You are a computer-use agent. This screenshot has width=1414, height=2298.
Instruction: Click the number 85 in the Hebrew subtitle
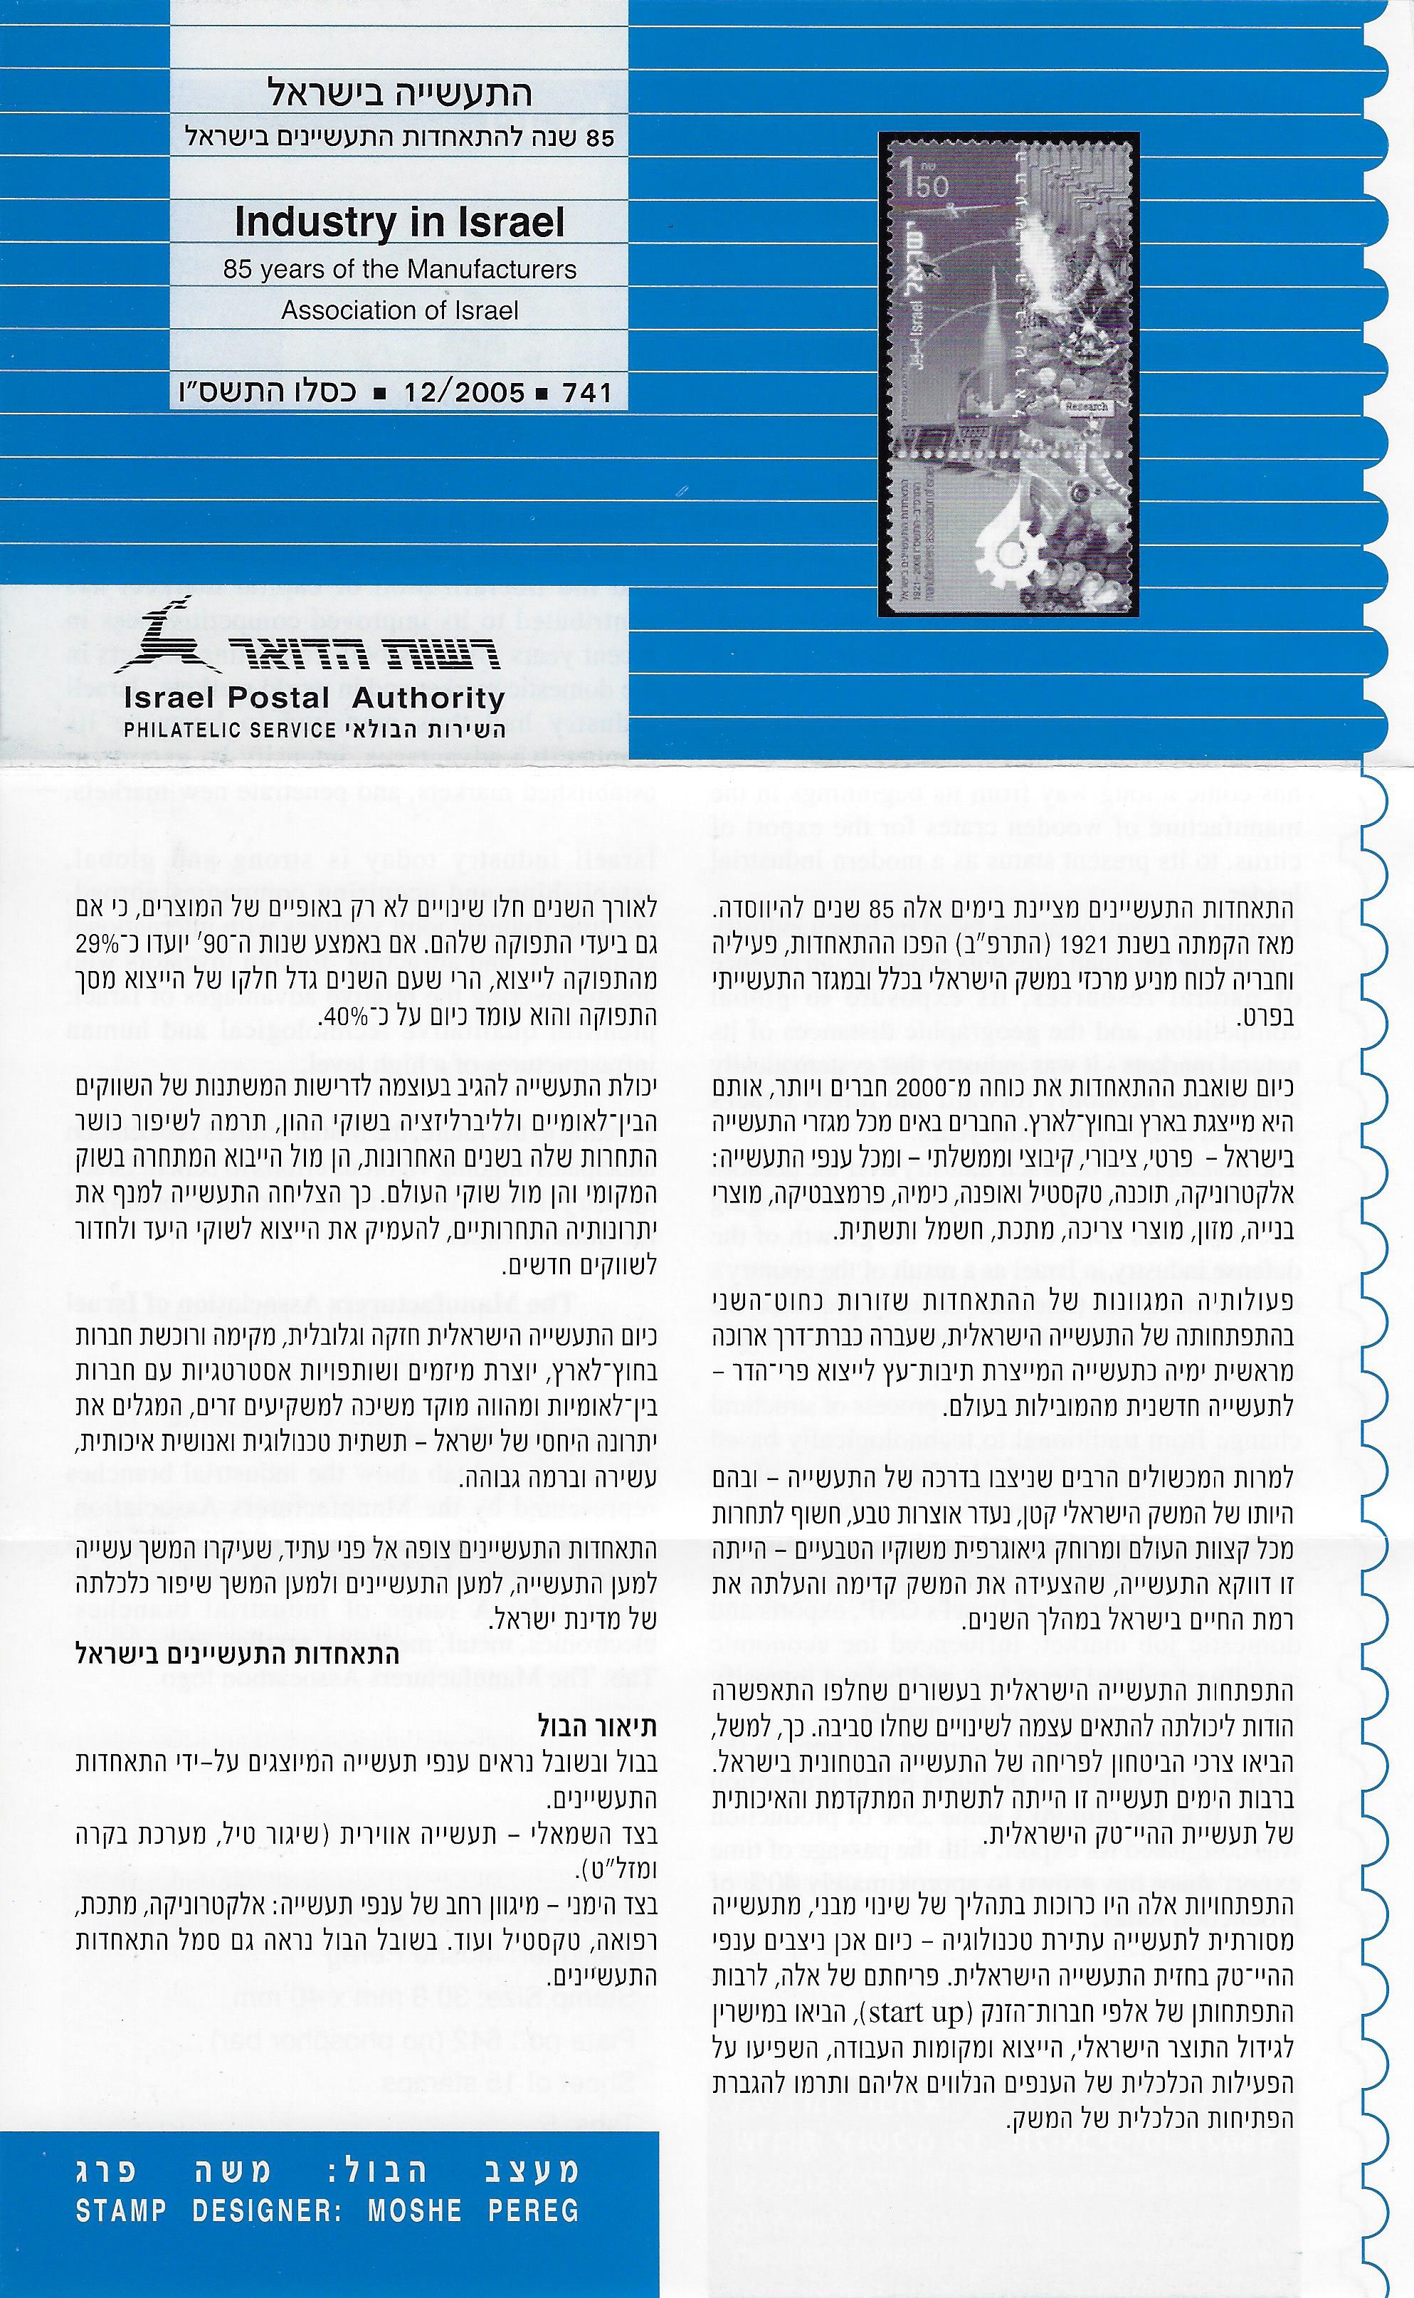click(x=598, y=138)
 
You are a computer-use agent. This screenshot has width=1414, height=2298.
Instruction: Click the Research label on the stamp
click(x=1084, y=406)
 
